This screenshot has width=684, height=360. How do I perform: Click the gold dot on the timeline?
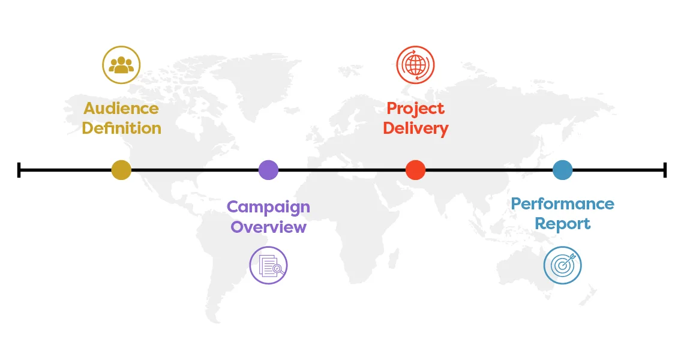tap(121, 170)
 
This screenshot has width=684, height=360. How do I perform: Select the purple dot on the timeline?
tap(268, 170)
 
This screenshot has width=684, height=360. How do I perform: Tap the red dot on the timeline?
tap(415, 170)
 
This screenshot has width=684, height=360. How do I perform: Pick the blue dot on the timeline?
tap(562, 170)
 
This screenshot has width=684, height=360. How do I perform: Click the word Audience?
tap(121, 108)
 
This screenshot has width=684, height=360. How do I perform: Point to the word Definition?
tap(121, 128)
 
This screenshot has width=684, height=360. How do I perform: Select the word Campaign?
tap(268, 207)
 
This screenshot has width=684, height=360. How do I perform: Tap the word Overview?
tap(268, 227)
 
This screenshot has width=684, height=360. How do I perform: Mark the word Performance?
tap(562, 204)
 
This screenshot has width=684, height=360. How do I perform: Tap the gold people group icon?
tap(121, 65)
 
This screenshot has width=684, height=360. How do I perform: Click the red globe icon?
tap(415, 65)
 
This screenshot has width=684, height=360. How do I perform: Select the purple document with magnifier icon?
tap(268, 265)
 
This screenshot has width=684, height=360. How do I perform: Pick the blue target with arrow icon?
tap(562, 265)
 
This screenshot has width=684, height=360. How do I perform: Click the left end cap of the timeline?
tap(19, 170)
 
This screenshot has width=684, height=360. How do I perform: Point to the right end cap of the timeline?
tap(665, 170)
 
